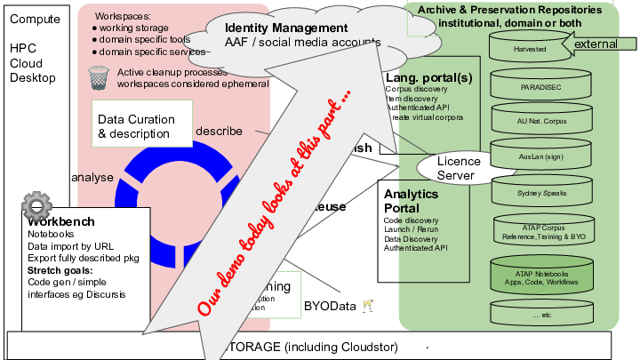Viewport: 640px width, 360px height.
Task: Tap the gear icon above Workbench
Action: (36, 207)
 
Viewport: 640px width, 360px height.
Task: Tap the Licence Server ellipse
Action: (459, 168)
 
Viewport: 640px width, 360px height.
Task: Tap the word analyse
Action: (92, 177)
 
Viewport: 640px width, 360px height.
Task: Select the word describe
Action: (219, 131)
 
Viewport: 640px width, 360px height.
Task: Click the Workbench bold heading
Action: (60, 220)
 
